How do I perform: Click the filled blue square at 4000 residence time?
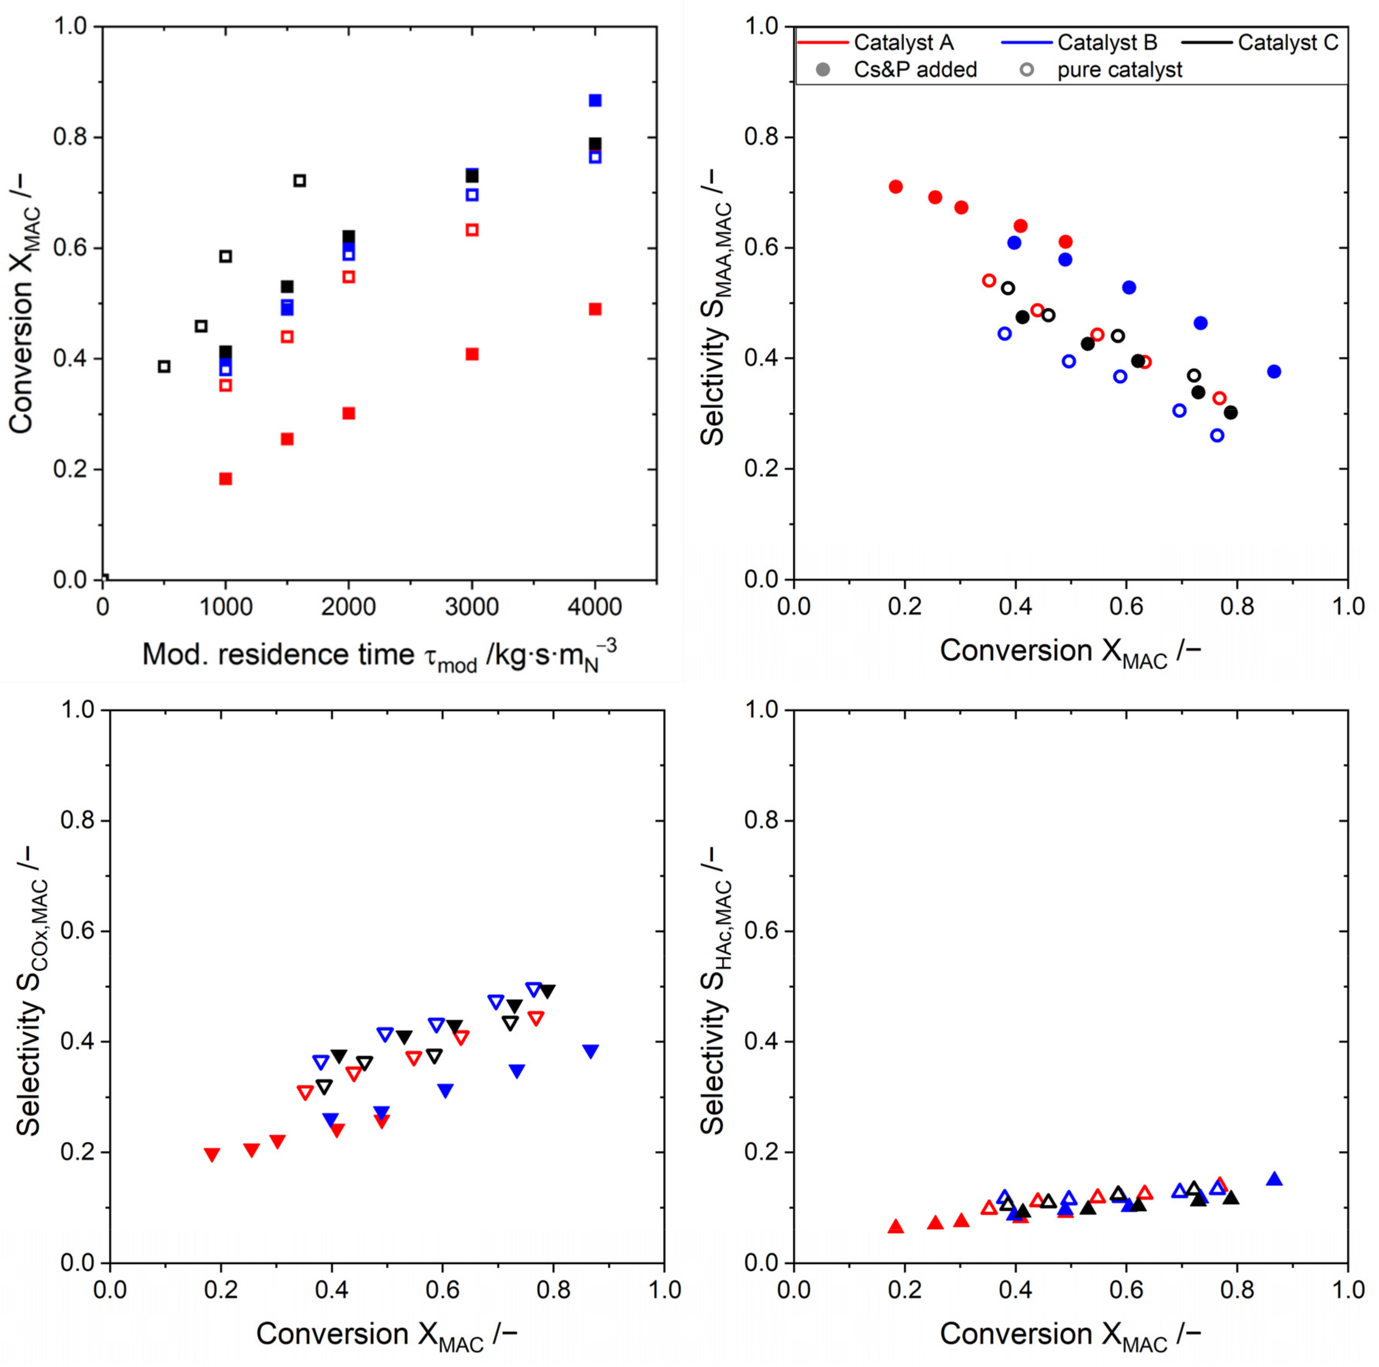(x=595, y=101)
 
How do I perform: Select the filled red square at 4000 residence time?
(x=595, y=309)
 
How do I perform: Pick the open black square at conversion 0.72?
(x=300, y=180)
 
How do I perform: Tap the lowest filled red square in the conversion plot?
(x=225, y=479)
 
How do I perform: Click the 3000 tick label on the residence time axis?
(x=471, y=607)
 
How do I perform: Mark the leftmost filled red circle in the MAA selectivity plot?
(x=896, y=187)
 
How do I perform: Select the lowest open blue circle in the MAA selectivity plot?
(x=1217, y=435)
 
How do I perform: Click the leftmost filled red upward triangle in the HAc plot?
(x=896, y=1226)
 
